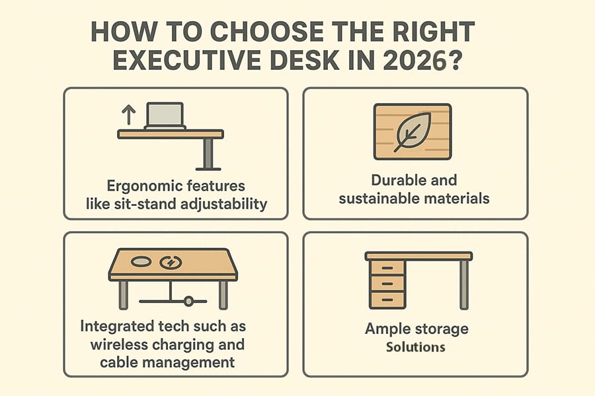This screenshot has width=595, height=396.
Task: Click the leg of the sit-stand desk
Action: tap(208, 153)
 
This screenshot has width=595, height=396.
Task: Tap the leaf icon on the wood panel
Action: tap(413, 131)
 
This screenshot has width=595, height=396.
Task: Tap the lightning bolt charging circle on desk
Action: tap(171, 262)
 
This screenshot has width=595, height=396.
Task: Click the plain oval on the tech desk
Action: tap(142, 261)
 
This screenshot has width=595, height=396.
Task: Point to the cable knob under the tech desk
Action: tap(189, 301)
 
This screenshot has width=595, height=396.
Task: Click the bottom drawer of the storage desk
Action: tap(388, 299)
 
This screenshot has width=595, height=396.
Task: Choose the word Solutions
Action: tap(415, 346)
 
